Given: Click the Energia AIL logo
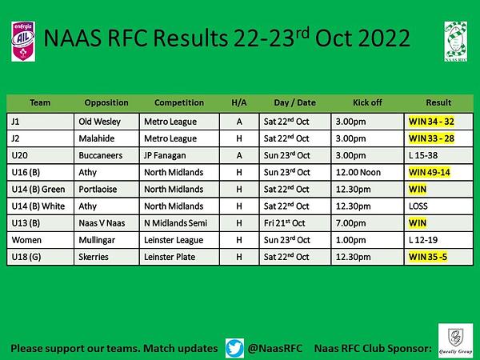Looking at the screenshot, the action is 23,42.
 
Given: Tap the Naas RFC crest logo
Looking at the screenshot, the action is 456,42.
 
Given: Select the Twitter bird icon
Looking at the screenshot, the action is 234,348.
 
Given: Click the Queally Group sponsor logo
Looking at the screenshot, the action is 455,340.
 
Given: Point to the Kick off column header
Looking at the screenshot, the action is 367,102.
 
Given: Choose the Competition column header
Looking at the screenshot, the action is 179,102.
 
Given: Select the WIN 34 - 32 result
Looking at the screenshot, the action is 431,122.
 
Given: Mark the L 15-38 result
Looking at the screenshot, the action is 423,155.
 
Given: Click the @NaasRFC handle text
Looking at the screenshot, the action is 275,348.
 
